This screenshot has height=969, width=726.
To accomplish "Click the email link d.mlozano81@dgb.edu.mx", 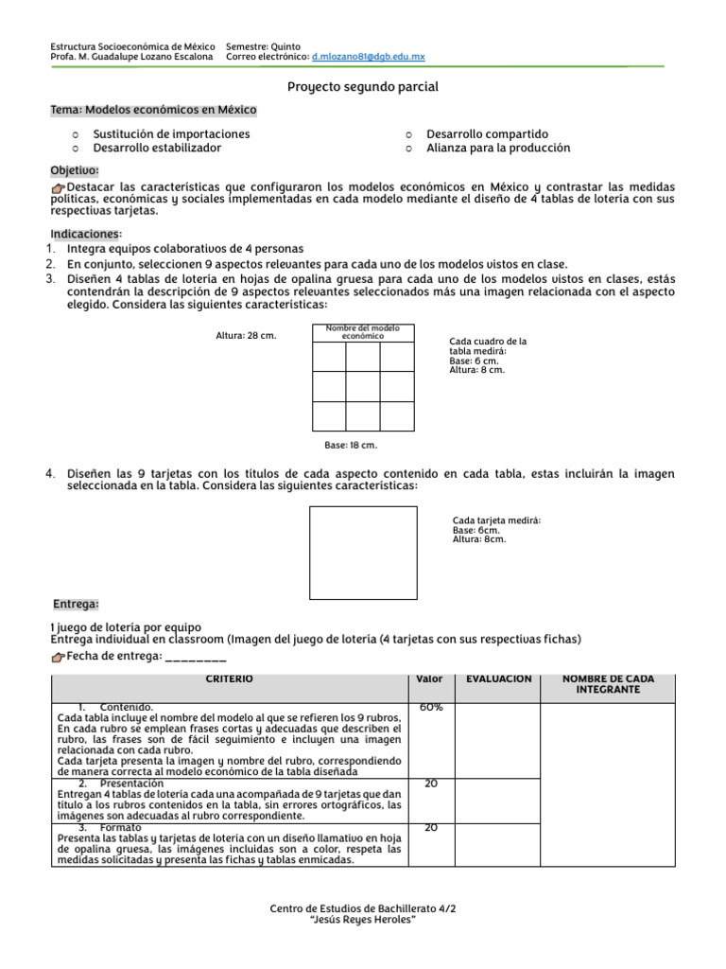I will pos(368,57).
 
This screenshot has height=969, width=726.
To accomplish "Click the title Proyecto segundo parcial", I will pos(363,87).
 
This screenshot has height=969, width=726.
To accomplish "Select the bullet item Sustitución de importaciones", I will pos(171,134).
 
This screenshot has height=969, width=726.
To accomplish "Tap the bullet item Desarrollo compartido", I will pos(487,134).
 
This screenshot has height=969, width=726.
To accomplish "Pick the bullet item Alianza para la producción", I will pos(498,149).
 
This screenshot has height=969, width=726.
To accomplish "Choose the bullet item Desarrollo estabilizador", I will pos(157,149).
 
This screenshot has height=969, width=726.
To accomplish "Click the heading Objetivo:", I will pos(75,170).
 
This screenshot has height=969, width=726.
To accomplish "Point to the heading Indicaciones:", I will pos(86,234).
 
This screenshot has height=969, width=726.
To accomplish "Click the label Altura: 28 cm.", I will pos(246,335).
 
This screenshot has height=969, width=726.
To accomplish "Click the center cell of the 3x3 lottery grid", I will pos(363,386).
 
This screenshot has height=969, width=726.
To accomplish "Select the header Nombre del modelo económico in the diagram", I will pos(363,332).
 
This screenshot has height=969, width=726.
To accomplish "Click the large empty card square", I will pos(363,553).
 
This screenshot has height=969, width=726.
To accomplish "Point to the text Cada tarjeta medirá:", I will pos(497,520).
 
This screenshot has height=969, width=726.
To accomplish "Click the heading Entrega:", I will pos(76,604).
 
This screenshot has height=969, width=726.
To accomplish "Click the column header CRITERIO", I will pos(230,679).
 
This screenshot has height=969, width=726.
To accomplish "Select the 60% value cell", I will pos(431,708).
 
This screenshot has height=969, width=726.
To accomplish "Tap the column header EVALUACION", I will pos(498,679).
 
